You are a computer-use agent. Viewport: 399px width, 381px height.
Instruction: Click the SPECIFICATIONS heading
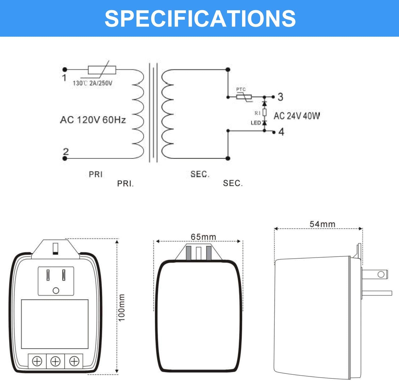coord(200,18)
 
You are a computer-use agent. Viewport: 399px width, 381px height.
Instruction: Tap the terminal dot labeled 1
coord(65,70)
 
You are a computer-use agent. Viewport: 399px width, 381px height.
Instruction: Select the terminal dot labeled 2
coord(65,158)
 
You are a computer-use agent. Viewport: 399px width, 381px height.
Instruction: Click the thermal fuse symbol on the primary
coord(102,70)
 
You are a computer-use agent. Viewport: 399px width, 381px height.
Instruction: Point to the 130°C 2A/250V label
coord(93,83)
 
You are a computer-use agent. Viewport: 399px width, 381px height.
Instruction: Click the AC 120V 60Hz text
coord(93,120)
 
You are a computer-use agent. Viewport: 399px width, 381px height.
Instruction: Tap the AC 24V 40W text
coord(297,116)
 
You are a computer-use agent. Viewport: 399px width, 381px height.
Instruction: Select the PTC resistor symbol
coord(244,97)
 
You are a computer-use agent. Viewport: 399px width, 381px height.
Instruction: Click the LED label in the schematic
coord(256,123)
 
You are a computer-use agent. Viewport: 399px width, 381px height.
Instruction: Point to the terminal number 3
coord(280,97)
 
